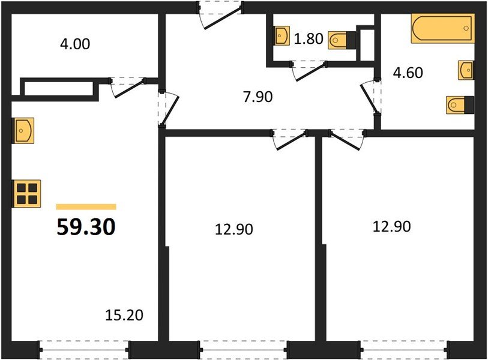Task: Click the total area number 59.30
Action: coord(86,227)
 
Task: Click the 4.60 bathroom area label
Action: coord(408,73)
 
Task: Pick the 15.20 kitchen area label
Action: coord(125,314)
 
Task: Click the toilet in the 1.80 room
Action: coord(343,40)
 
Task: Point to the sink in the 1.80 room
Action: coord(282,35)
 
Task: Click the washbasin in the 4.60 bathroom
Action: coord(466,70)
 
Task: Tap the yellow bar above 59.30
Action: coord(86,206)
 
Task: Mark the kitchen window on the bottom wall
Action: coord(84,348)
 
